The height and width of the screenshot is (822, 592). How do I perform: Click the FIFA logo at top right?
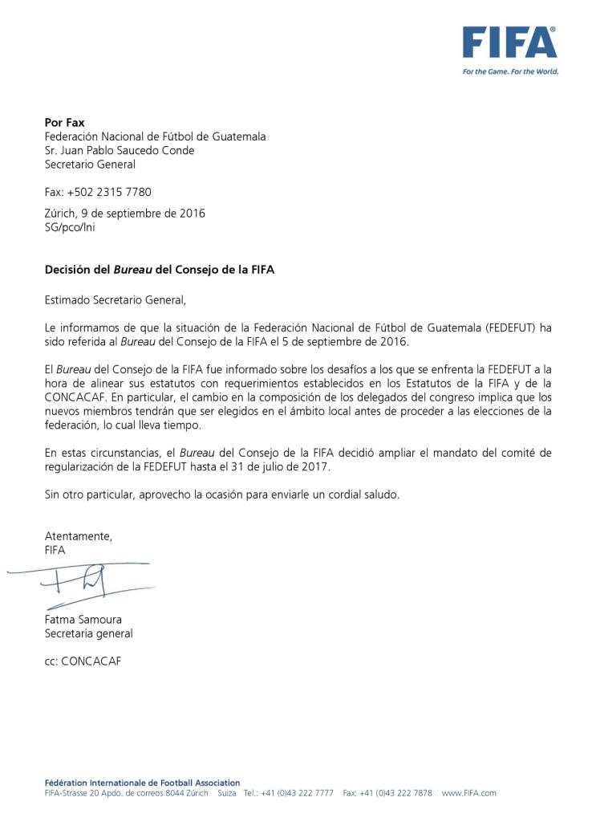509,43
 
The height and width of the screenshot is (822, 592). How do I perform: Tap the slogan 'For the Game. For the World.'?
510,71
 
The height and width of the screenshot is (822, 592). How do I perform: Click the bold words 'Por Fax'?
64,123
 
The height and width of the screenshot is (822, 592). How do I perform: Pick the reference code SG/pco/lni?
71,227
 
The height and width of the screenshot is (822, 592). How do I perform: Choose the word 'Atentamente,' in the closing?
79,536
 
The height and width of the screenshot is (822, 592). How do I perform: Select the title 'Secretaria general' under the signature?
88,633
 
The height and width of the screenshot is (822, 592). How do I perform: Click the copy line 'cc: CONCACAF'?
83,662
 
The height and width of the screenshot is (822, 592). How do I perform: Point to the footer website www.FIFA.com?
468,793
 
